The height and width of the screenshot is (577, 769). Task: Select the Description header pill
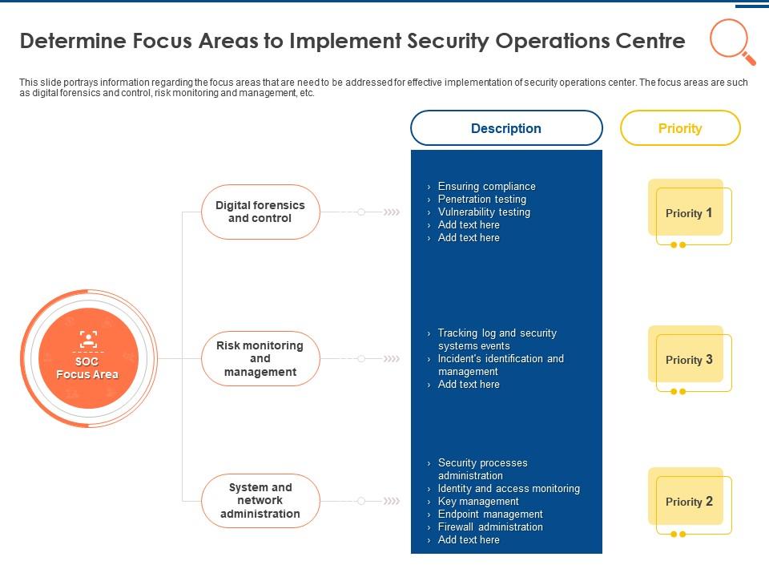(x=506, y=128)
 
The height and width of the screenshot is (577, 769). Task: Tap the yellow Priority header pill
(x=680, y=128)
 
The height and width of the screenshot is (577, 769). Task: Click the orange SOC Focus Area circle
(x=87, y=358)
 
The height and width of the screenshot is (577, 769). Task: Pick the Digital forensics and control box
(x=260, y=212)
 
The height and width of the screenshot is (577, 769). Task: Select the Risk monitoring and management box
(x=260, y=359)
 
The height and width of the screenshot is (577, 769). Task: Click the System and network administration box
(x=260, y=501)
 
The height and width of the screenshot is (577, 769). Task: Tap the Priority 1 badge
(x=689, y=213)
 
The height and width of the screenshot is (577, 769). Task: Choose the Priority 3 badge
(x=689, y=360)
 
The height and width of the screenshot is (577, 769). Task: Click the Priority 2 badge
(x=689, y=502)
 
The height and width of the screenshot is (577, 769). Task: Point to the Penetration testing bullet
(x=481, y=200)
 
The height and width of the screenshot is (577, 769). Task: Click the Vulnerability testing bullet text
(x=484, y=212)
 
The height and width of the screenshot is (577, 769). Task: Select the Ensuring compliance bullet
(x=486, y=187)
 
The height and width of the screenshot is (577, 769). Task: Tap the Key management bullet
(x=478, y=502)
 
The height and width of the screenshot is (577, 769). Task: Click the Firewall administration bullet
(x=490, y=527)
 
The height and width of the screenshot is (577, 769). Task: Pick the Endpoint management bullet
(x=490, y=514)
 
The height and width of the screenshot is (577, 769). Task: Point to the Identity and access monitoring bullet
(x=509, y=489)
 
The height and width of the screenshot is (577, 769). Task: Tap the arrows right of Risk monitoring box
(x=392, y=359)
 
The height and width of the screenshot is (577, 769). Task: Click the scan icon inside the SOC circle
(x=87, y=338)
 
